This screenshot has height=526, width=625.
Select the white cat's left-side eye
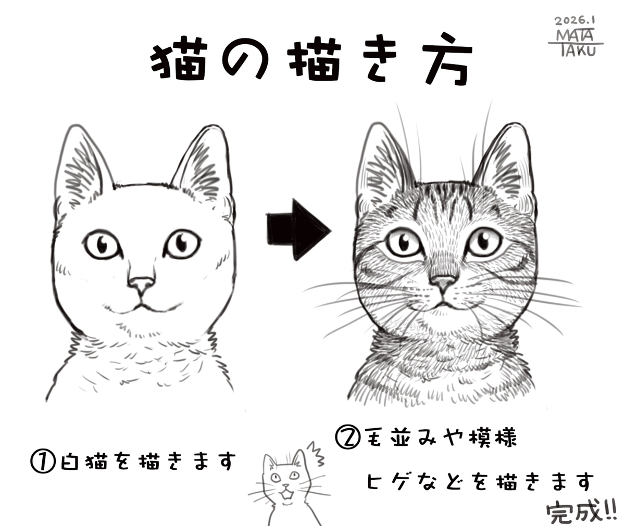[102, 244]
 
